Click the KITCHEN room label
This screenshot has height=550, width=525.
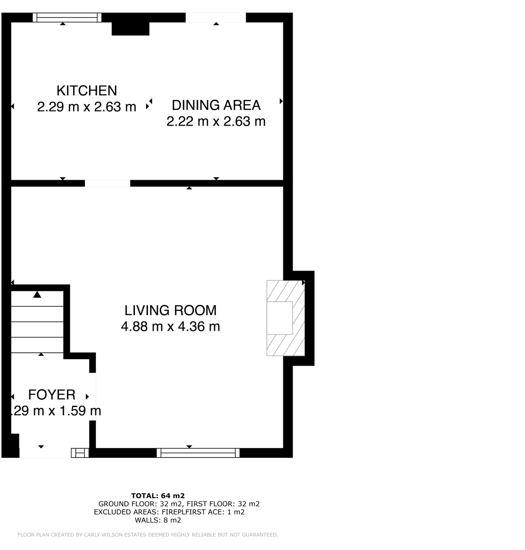[x=87, y=90]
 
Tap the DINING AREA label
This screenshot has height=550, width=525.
[x=216, y=105]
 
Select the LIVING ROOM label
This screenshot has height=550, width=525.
[x=170, y=311]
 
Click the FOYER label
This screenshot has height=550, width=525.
[x=51, y=394]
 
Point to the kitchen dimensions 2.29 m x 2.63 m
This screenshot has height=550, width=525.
[x=87, y=107]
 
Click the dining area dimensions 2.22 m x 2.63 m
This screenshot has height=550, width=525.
[x=216, y=122]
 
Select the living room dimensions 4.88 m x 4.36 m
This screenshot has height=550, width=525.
[x=170, y=327]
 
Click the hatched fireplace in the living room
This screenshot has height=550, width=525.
[x=285, y=318]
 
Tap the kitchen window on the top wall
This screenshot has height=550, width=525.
[x=67, y=17]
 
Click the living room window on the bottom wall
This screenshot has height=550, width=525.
[x=198, y=453]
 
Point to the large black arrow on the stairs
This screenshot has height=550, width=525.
[x=37, y=294]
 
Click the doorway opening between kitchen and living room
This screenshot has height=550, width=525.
[x=107, y=183]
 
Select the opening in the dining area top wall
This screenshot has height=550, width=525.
[x=215, y=17]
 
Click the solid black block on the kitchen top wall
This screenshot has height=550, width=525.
[x=130, y=28]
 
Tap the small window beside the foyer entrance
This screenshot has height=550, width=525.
[x=79, y=453]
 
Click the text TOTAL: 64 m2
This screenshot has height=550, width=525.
[x=158, y=495]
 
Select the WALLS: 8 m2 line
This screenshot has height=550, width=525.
[x=158, y=520]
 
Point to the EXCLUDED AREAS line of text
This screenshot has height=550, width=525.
[x=169, y=512]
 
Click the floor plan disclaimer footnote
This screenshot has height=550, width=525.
[x=147, y=535]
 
